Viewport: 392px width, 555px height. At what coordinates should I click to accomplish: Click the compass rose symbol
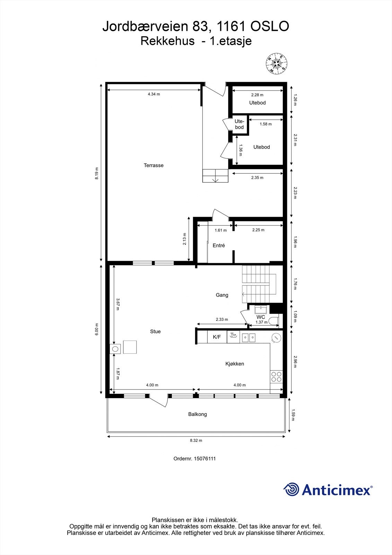pos(276,63)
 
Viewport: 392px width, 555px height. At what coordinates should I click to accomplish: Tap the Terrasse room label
pos(154,165)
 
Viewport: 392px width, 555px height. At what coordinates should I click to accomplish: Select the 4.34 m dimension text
pos(154,94)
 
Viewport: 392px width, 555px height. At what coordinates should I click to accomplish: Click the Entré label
pos(219,246)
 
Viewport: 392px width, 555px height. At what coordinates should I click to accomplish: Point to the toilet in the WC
pos(275,321)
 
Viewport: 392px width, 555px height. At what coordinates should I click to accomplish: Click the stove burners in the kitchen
pos(276,377)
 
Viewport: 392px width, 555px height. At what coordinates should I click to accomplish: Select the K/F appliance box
pos(217,337)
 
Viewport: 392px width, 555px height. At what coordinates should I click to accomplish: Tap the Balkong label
pos(198,414)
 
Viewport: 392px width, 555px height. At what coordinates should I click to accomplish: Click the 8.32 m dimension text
pos(196,441)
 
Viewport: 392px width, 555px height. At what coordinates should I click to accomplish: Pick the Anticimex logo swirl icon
pos(291,490)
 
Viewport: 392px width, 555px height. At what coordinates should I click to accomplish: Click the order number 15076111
pos(204,459)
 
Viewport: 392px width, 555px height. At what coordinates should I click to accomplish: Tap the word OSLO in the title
pos(269,27)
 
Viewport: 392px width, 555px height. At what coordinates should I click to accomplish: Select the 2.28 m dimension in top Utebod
pos(257,95)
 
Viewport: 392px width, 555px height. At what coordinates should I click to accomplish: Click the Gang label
pos(222,295)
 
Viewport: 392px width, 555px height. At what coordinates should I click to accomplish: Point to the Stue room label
pos(155,332)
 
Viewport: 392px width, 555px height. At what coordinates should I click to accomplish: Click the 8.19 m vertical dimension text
pos(97,173)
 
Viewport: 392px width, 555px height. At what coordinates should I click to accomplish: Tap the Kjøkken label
pos(235,364)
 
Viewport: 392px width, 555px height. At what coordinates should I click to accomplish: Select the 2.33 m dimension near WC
pos(222,319)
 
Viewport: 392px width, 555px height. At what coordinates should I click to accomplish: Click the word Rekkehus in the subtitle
pos(167,41)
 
